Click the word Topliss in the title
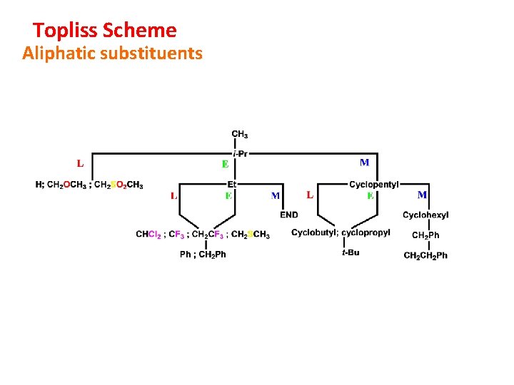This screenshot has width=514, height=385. click(x=66, y=31)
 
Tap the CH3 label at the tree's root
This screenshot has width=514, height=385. click(x=240, y=134)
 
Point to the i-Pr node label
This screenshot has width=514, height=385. click(x=240, y=153)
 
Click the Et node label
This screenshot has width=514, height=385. click(x=232, y=184)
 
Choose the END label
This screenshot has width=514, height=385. click(x=289, y=215)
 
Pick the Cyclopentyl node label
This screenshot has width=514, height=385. click(x=374, y=185)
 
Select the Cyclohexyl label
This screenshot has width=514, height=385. click(x=425, y=215)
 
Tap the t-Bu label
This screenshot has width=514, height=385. click(x=351, y=252)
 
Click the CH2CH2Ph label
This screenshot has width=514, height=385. click(x=425, y=255)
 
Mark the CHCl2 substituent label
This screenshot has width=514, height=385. click(x=150, y=234)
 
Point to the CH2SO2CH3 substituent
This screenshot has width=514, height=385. click(x=119, y=185)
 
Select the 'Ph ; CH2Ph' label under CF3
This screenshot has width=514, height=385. click(x=203, y=255)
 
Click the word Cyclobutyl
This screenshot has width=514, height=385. click(x=314, y=232)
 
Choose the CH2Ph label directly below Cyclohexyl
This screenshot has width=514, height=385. click(x=425, y=235)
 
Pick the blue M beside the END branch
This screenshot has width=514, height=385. click(x=276, y=195)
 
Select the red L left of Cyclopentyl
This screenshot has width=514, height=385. click(x=310, y=195)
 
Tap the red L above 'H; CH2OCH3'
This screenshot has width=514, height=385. click(x=80, y=163)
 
